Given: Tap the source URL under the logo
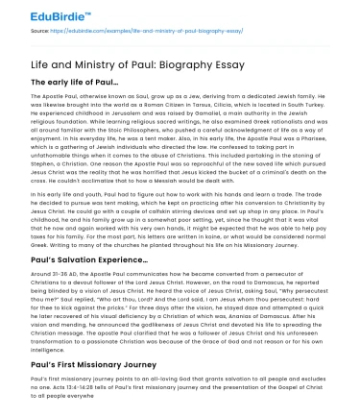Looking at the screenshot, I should (x=135, y=31).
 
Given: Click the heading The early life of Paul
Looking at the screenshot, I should (x=75, y=83).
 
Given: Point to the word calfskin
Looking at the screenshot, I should (x=156, y=203).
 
